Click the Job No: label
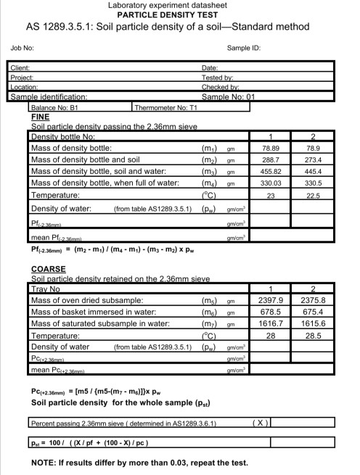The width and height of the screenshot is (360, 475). pos(22,48)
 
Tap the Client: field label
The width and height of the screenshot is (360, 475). pos(20,68)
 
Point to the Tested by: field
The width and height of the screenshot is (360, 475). pos(217,77)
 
